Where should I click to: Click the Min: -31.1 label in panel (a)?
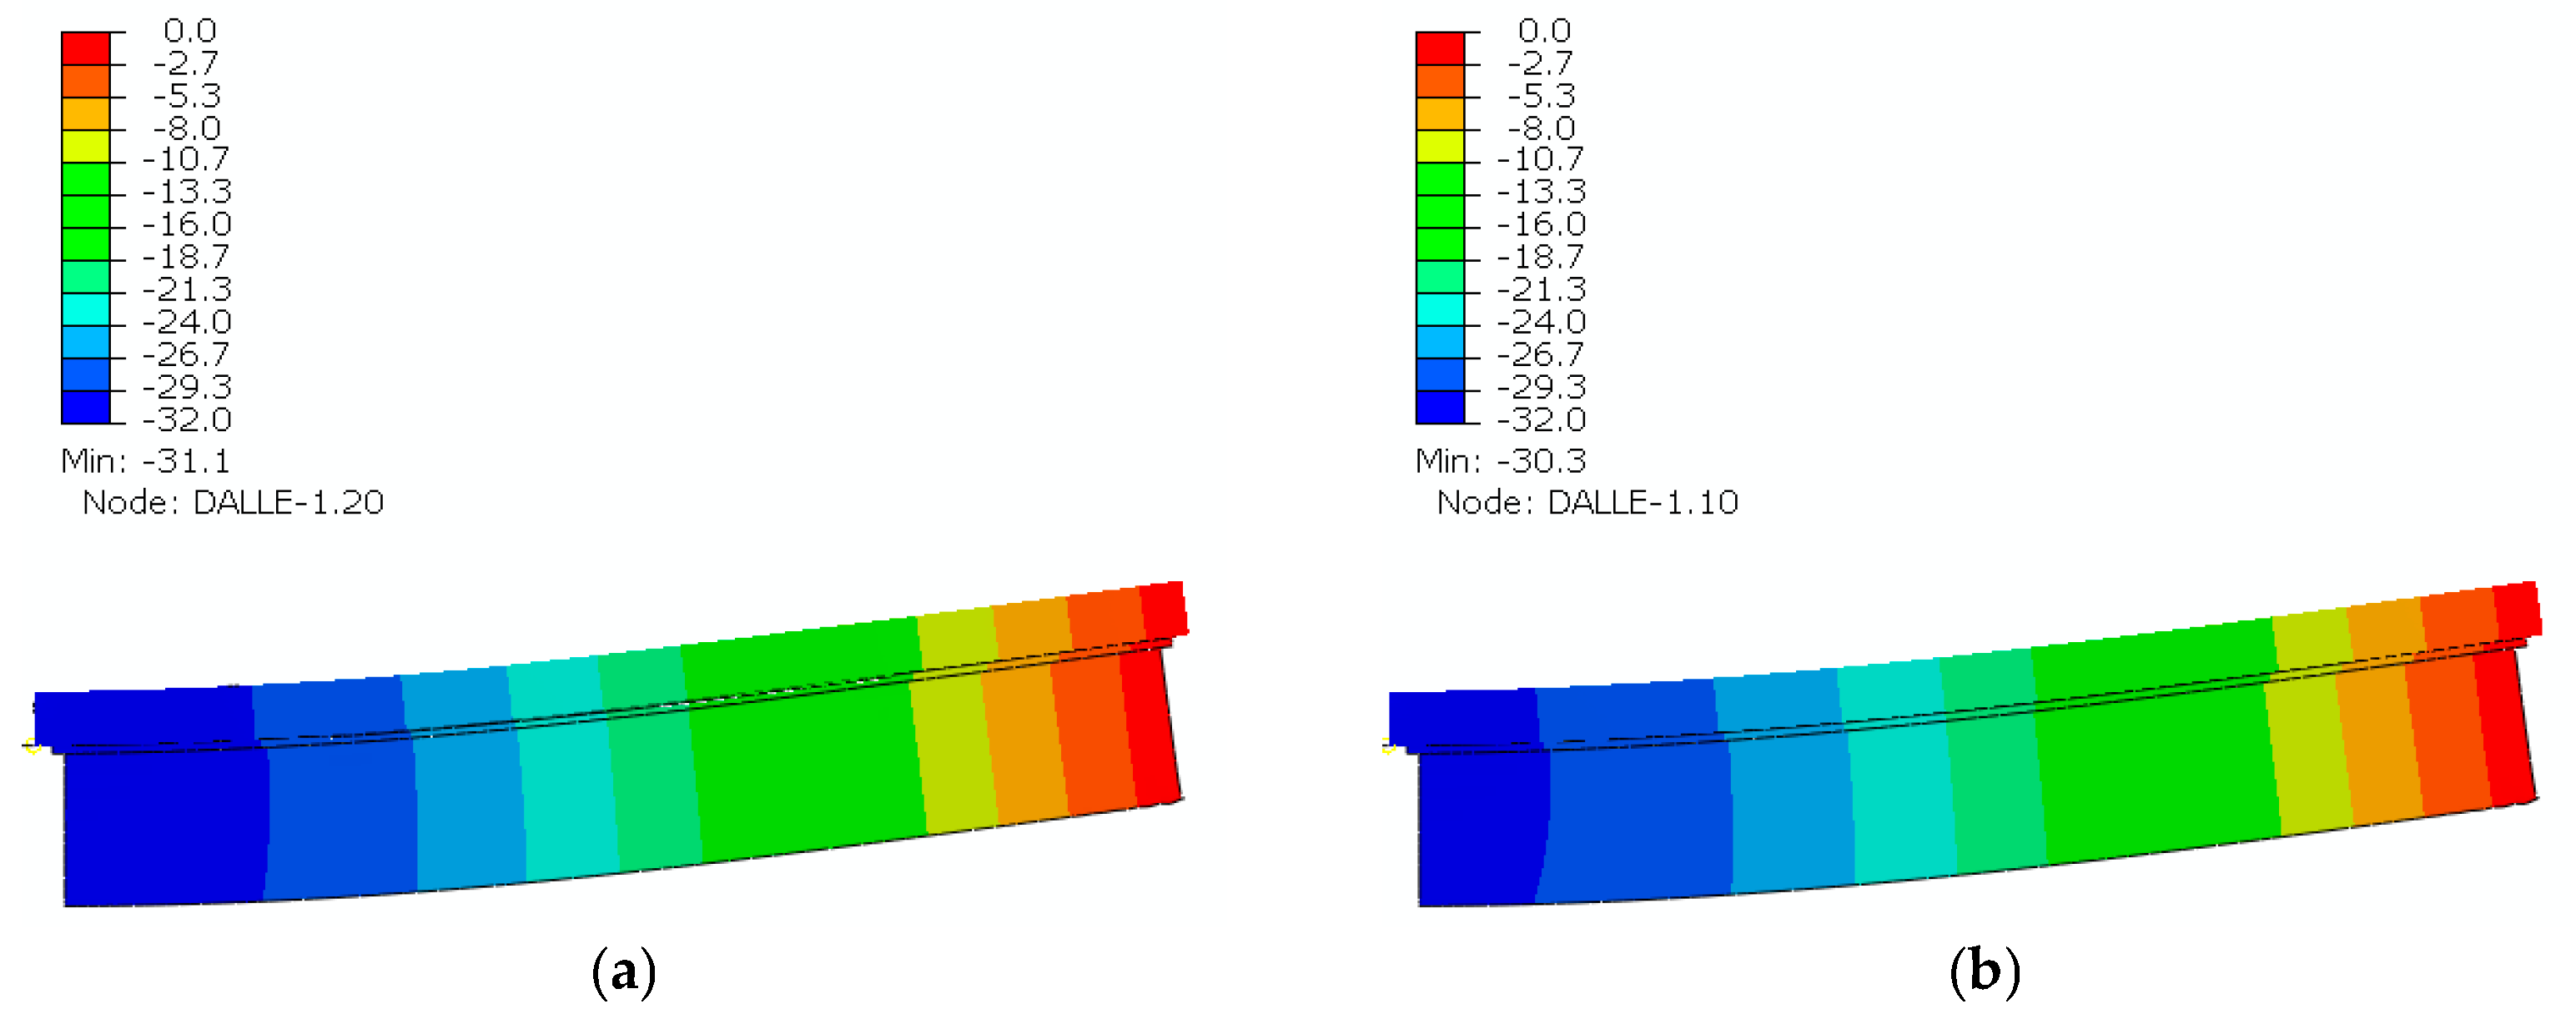(146, 461)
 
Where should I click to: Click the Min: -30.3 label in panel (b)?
(1500, 461)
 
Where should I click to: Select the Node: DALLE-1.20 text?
(233, 502)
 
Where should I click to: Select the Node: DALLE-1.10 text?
(1587, 502)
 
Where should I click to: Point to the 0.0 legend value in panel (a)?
(189, 31)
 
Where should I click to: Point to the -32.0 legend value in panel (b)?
(1542, 419)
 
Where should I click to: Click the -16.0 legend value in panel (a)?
(188, 224)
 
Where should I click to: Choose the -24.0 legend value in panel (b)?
(1542, 321)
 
